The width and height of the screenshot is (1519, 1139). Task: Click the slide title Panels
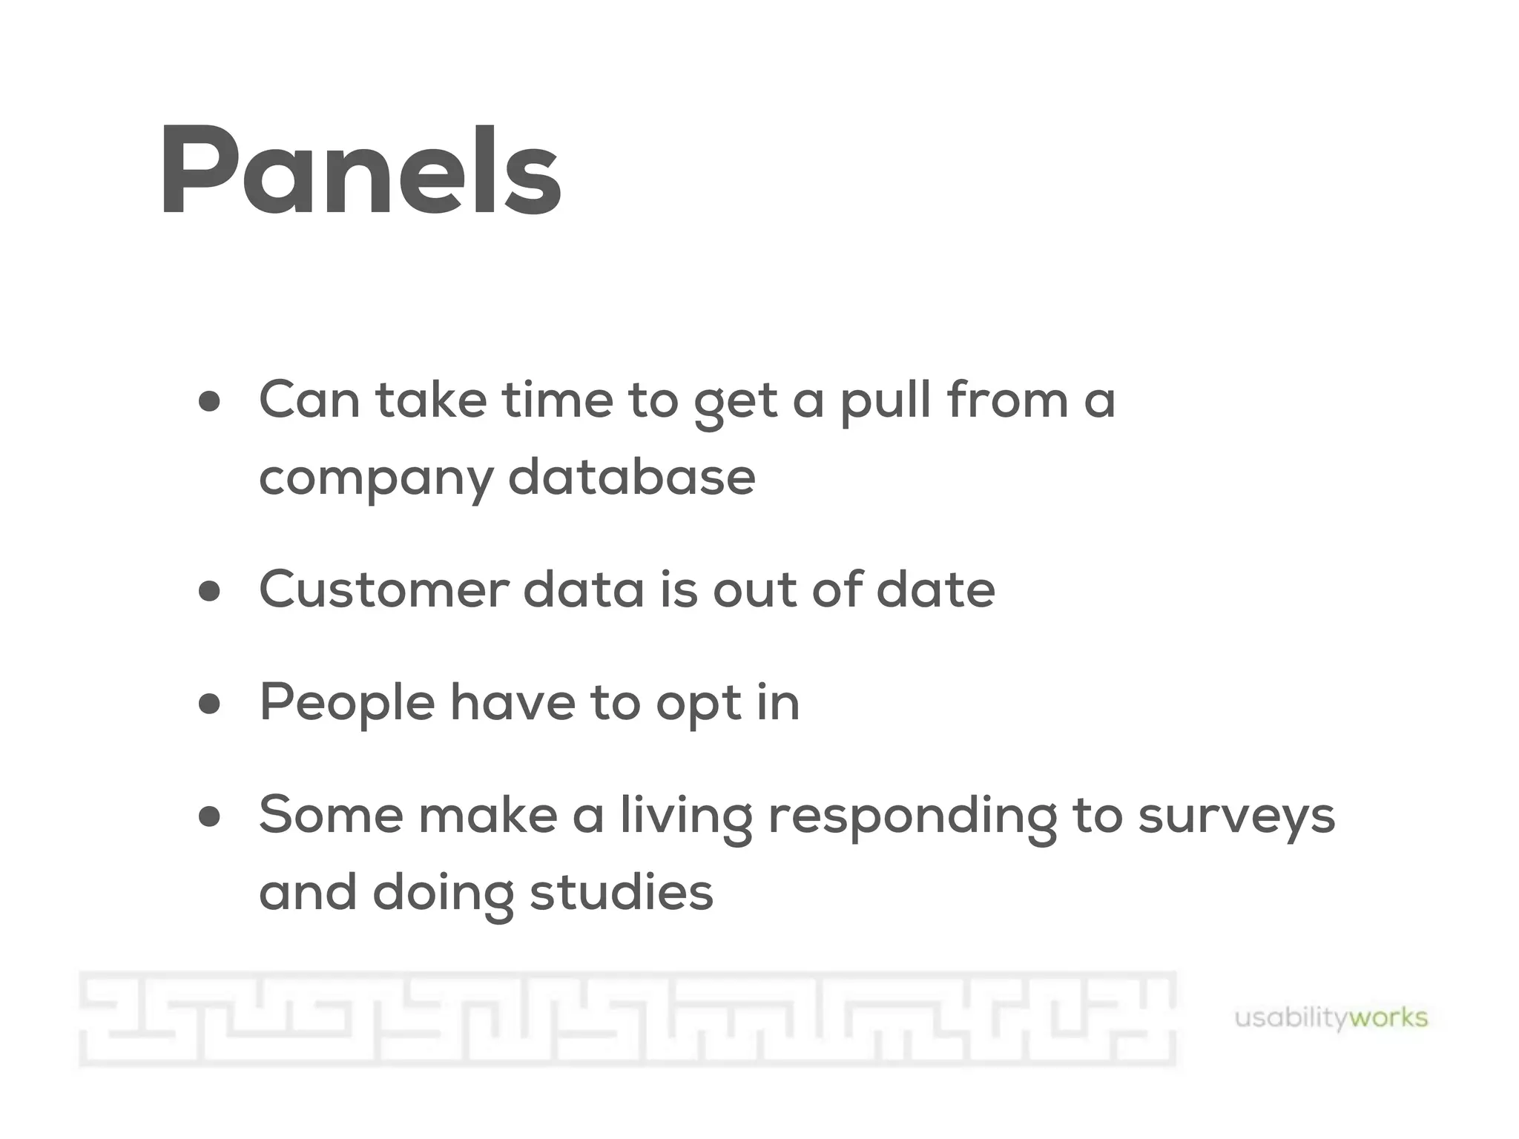point(360,172)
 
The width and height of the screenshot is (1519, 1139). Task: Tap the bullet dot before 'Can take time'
point(210,401)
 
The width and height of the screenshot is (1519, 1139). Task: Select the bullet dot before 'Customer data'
point(210,591)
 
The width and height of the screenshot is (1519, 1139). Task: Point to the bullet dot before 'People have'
point(210,704)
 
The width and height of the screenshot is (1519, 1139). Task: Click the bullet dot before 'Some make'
point(210,816)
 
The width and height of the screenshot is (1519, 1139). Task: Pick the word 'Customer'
point(383,590)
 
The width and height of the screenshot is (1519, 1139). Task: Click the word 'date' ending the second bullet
point(935,590)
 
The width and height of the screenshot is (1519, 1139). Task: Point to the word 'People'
point(346,704)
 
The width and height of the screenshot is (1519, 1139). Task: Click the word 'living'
point(686,816)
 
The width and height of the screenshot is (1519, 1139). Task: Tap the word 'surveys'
point(1236,816)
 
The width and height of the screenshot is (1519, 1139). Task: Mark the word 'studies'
point(621,892)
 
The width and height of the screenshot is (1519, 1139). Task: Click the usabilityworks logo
point(1331,1018)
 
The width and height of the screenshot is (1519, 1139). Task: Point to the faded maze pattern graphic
point(627,1020)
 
